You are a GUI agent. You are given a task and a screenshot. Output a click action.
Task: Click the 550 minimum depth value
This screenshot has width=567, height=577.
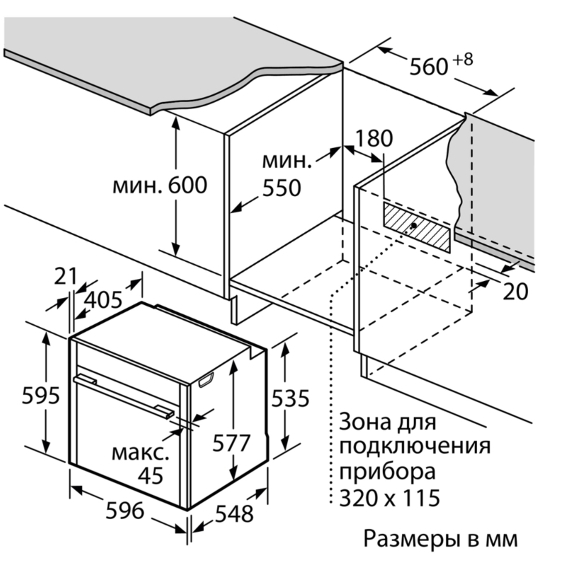[x=281, y=188]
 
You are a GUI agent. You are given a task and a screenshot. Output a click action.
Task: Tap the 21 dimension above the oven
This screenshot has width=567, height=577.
[x=65, y=277]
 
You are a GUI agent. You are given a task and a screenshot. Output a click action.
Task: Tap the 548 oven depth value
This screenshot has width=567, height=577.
[x=233, y=513]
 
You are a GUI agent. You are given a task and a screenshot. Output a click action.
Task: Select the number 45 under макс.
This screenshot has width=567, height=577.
[x=150, y=475]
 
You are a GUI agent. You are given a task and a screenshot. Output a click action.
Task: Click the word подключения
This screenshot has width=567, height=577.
[x=415, y=447]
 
